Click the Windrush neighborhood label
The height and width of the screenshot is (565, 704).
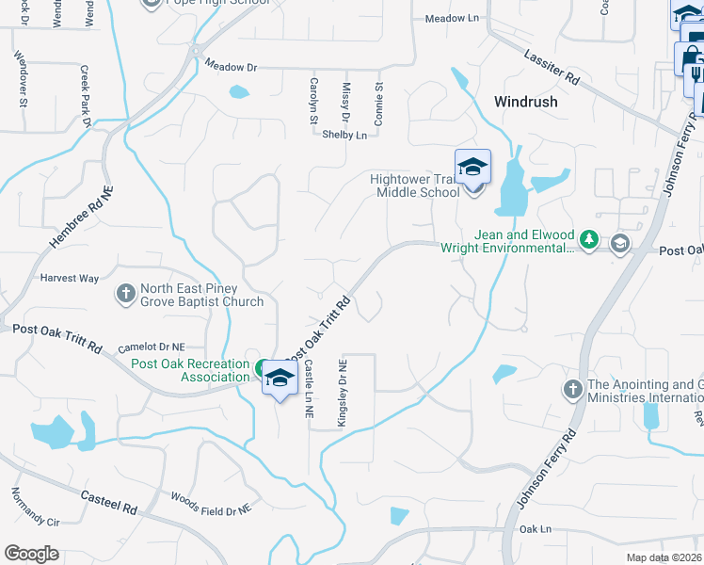point(526,102)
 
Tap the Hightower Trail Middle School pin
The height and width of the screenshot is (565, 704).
point(472,168)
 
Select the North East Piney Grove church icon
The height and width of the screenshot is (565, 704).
point(125,295)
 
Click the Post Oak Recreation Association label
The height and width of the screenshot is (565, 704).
point(189,371)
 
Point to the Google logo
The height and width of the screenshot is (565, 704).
point(31,554)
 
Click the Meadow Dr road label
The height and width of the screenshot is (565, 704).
point(231,67)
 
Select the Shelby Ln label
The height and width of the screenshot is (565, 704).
point(344,136)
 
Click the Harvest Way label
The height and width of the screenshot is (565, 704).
point(69,279)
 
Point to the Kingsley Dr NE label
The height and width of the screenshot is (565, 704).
point(344,391)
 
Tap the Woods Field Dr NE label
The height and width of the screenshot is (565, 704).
point(211,503)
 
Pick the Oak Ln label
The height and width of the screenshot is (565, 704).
point(534,529)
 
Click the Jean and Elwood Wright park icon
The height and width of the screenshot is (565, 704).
point(588,240)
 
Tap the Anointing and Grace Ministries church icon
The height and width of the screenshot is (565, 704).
point(572,389)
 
